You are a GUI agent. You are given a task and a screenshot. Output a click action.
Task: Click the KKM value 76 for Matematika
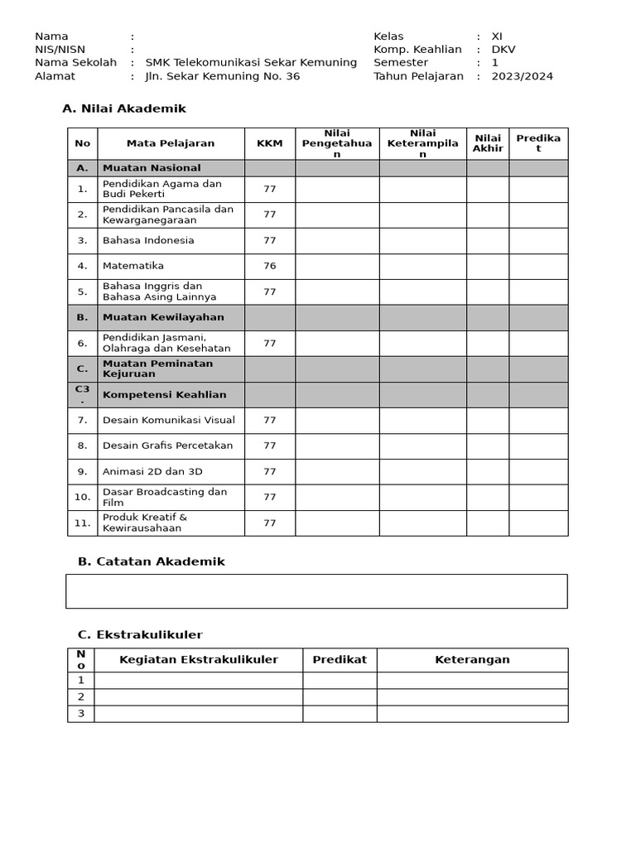click(269, 266)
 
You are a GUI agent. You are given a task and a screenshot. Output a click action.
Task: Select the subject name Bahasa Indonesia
click(148, 240)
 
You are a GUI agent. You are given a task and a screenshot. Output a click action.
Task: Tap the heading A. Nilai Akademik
click(124, 108)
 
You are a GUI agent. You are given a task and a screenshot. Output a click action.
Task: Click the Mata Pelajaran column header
click(171, 143)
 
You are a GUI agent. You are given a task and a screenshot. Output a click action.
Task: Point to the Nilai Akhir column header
click(488, 143)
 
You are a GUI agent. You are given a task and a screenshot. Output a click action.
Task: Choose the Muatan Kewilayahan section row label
click(163, 317)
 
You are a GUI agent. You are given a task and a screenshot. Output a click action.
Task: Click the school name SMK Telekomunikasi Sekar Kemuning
click(251, 63)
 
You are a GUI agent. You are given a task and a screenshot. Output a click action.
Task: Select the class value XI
click(497, 36)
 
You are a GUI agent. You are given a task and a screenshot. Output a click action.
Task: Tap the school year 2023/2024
click(522, 76)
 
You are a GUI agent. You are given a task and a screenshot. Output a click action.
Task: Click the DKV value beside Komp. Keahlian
click(503, 50)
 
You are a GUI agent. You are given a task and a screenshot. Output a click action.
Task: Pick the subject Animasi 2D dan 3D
click(152, 471)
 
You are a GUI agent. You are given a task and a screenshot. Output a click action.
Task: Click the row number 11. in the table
click(82, 523)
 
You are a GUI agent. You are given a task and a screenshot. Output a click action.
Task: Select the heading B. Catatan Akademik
click(151, 561)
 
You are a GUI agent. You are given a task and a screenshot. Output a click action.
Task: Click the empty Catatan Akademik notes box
click(316, 591)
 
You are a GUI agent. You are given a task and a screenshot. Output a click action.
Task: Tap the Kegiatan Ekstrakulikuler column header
click(199, 660)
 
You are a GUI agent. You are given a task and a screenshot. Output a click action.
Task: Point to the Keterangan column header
click(472, 660)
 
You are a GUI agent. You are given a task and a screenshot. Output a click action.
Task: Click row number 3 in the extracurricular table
click(81, 714)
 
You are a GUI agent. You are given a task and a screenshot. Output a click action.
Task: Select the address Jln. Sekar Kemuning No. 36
click(223, 76)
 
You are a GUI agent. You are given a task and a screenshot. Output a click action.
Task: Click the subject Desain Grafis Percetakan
click(167, 446)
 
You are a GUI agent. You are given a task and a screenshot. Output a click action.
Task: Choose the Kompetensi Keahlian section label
click(164, 394)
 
